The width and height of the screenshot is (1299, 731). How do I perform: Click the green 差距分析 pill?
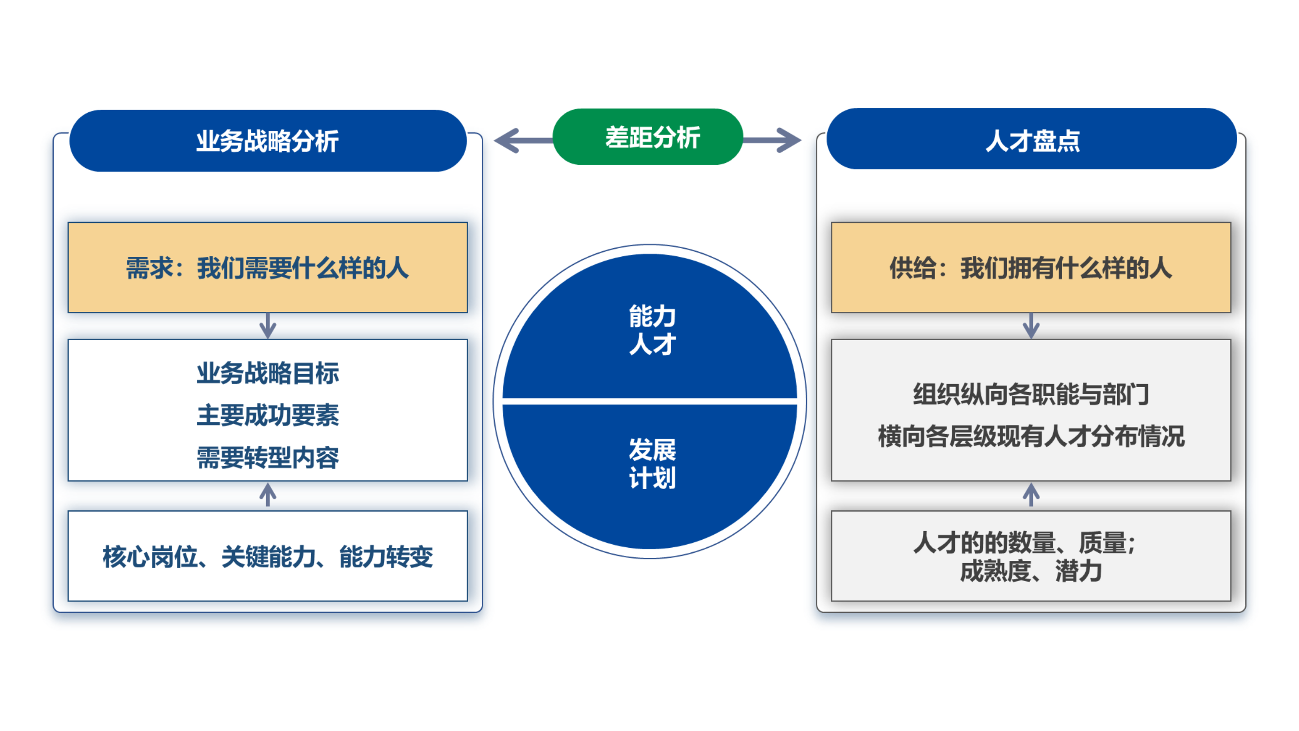coord(648,137)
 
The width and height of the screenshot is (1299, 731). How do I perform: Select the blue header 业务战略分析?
coord(268,141)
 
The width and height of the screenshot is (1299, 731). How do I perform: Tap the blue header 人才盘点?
coord(1032,140)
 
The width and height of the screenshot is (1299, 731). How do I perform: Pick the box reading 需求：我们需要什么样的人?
coord(268,268)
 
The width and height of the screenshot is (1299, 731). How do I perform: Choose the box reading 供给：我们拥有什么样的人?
coord(1031,268)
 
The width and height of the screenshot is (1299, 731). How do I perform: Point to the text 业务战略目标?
coord(268,373)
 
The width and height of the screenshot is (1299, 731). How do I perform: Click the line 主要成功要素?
coord(268,415)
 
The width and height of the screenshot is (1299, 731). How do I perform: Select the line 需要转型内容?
coord(268,458)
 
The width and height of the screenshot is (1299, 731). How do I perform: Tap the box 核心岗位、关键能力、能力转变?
coord(268,556)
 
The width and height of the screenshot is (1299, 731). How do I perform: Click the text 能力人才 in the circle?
coord(652,330)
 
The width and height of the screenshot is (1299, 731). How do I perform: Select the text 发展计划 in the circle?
coord(652,463)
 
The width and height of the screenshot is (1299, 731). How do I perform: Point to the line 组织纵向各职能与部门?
coord(1031,394)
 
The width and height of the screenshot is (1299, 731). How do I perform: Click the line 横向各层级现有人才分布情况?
coord(1031,436)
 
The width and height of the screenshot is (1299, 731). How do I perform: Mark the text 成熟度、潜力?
coord(1031,572)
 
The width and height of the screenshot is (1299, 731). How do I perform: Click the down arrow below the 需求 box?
coord(268,326)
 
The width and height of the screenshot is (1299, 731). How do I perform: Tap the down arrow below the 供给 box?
coord(1031,326)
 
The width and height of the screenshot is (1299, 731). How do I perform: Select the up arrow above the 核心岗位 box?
coord(268,495)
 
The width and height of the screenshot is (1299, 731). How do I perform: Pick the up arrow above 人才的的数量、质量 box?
coord(1031,495)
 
